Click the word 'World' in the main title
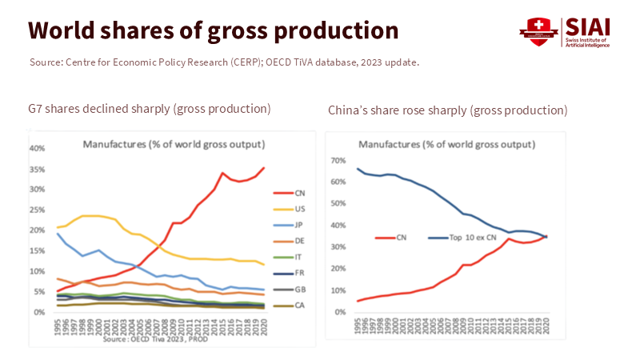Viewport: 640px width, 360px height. click(66, 30)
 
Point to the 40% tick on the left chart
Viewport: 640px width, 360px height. click(36, 148)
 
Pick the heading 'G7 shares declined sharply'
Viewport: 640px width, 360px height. click(150, 108)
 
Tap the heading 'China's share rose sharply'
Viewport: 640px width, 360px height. click(447, 110)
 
